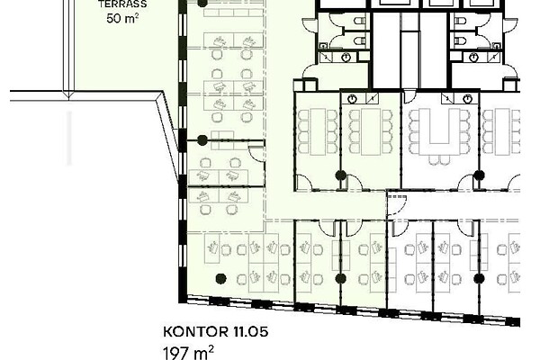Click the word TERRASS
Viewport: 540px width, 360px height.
click(x=122, y=4)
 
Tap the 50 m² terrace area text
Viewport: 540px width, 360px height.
click(x=122, y=18)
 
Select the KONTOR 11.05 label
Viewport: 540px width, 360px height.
click(x=216, y=332)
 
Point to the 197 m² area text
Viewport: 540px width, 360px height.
click(x=188, y=353)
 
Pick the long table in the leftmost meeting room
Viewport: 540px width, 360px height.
click(x=318, y=131)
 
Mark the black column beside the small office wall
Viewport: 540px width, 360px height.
click(x=202, y=140)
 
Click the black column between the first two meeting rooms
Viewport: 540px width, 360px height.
click(x=340, y=175)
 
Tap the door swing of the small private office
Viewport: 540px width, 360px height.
click(x=256, y=154)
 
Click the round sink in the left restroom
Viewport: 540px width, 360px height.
click(x=346, y=58)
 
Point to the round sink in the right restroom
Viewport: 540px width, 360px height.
click(x=474, y=58)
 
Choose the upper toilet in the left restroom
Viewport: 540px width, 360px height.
click(x=360, y=22)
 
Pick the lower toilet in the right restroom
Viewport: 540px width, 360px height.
click(x=460, y=41)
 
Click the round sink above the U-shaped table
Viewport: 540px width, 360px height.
click(x=467, y=99)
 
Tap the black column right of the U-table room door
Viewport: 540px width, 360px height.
click(x=479, y=175)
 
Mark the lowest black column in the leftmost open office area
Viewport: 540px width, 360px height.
click(x=220, y=278)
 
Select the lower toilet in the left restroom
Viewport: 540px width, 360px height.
click(x=360, y=41)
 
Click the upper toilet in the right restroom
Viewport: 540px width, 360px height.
click(x=460, y=22)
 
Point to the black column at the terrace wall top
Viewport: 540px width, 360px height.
click(x=202, y=3)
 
